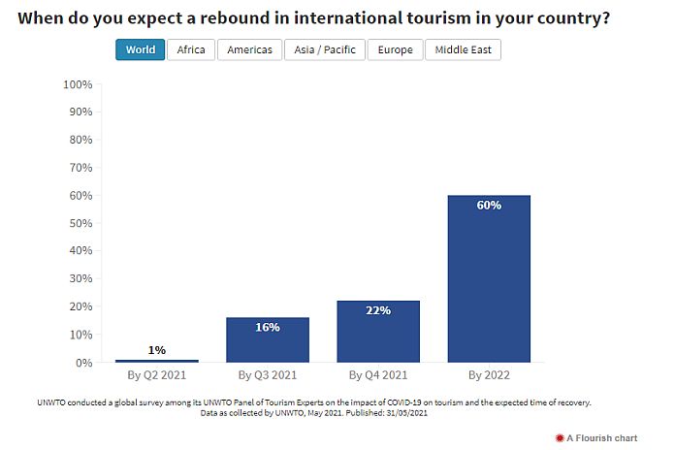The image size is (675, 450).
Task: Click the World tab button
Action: click(140, 50)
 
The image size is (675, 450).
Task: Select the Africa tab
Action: click(191, 50)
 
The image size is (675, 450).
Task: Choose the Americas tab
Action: click(249, 50)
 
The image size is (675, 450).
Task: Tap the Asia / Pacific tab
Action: click(325, 50)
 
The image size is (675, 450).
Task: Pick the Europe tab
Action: click(395, 50)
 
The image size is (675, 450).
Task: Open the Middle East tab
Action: click(463, 50)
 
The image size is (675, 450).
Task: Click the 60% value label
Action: click(489, 205)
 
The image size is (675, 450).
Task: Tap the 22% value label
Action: click(378, 310)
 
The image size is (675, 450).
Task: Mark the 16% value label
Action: click(268, 327)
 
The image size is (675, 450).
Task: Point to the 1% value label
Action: click(157, 350)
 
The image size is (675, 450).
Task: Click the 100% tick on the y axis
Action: click(77, 84)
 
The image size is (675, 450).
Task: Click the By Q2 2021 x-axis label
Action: click(157, 374)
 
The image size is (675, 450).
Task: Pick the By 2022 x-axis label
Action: click(489, 374)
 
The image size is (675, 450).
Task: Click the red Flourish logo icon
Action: click(559, 438)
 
